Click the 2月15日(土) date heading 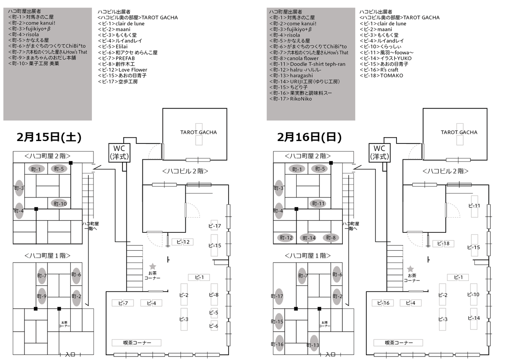[x=49, y=137]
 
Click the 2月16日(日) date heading [x=309, y=137]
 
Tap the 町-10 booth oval [x=59, y=203]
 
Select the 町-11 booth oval [x=319, y=203]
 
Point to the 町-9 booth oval [x=42, y=296]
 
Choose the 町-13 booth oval [x=313, y=345]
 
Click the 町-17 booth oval [x=278, y=296]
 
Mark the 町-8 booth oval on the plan [x=331, y=238]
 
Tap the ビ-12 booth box [x=183, y=242]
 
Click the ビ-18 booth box [x=443, y=244]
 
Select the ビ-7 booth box [x=123, y=303]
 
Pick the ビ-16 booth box [x=383, y=303]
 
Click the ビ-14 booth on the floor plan [x=474, y=318]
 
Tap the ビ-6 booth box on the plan [x=214, y=326]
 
